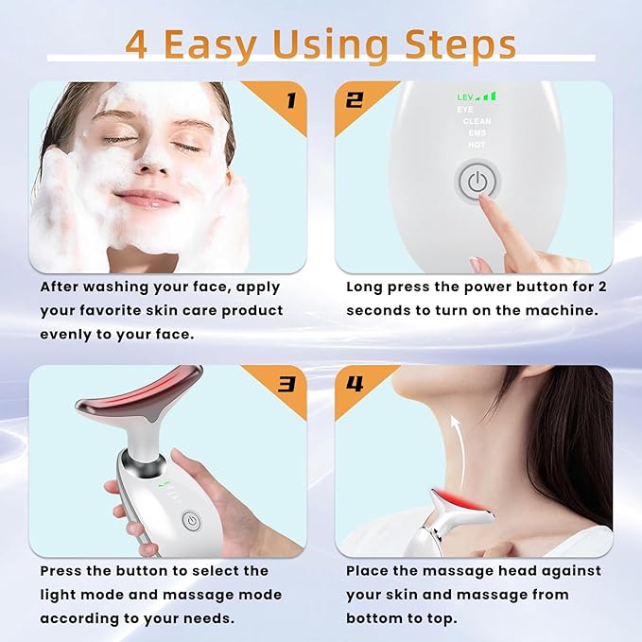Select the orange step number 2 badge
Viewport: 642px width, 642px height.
355,99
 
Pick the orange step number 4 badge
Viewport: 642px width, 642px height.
355,384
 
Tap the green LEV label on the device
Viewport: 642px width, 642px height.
465,96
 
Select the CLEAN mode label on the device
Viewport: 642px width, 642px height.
477,121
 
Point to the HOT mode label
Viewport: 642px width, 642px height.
477,146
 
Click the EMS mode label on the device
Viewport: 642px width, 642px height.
477,133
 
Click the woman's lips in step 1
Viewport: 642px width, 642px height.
147,199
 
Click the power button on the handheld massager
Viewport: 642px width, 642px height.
190,519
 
